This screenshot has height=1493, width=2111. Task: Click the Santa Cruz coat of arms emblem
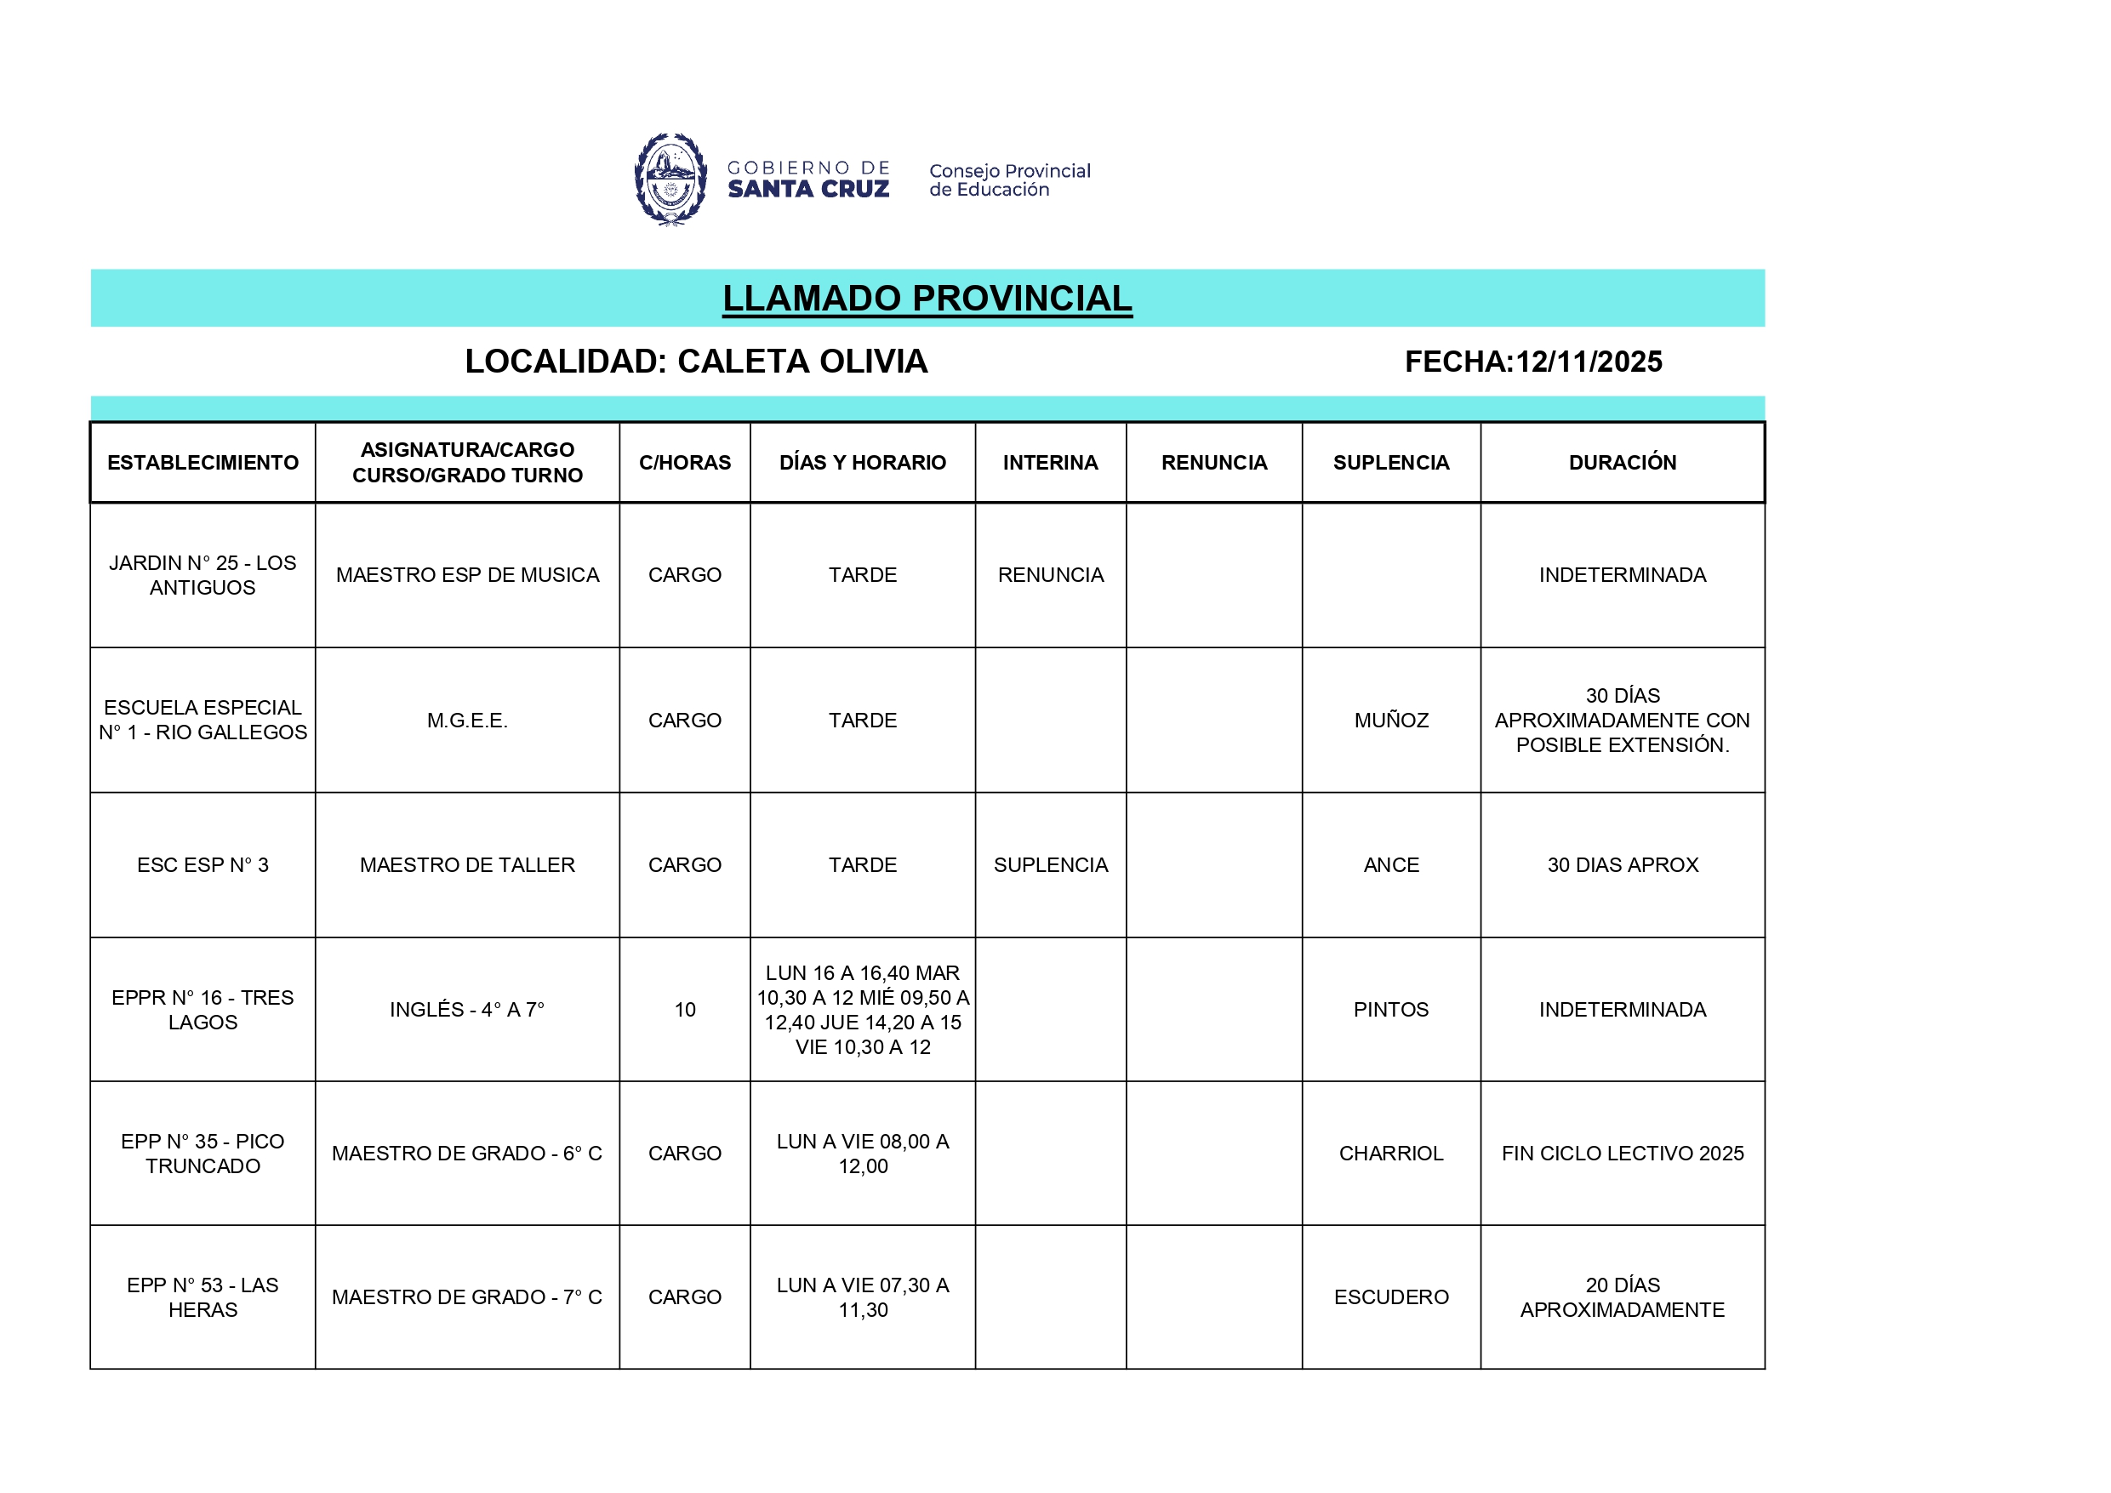(670, 180)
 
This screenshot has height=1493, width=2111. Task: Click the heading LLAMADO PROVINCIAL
(927, 298)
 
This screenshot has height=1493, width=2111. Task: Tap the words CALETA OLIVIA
(802, 362)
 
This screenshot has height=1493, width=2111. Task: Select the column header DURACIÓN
(1622, 463)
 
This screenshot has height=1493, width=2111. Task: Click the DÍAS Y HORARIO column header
(863, 463)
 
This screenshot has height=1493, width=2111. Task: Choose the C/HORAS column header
(685, 463)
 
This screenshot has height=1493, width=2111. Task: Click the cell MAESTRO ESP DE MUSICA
(467, 574)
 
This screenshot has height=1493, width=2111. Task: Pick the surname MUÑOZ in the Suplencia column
(1391, 720)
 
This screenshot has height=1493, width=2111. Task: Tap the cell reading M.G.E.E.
(467, 720)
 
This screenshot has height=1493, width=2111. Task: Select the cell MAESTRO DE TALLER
(467, 865)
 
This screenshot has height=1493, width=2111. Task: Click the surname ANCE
(1391, 865)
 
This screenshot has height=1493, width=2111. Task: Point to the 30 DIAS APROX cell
(1622, 865)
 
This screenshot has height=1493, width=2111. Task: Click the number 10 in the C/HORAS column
(685, 1010)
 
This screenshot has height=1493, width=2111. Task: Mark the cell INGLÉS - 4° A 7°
(467, 1010)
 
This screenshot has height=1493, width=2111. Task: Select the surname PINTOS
(1391, 1010)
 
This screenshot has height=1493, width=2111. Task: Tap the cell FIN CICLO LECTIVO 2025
(1622, 1153)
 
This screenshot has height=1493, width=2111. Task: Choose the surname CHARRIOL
(1391, 1153)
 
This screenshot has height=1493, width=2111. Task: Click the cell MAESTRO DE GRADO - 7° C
(467, 1297)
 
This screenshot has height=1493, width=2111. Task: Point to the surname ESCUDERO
(1391, 1297)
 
